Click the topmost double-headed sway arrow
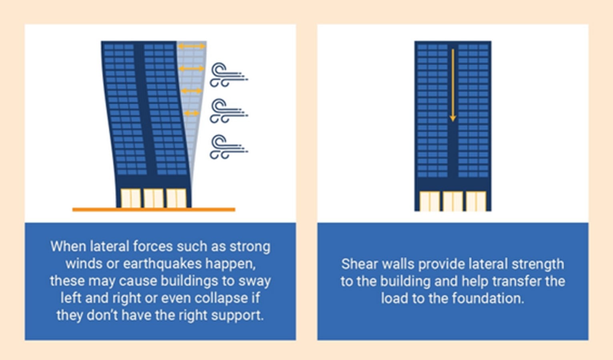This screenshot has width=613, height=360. click(192, 46)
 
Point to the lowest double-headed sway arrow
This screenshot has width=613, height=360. click(192, 113)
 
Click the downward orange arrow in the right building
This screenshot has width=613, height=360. click(453, 85)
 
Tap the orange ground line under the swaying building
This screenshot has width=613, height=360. click(154, 210)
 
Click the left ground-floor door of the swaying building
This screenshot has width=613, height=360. click(130, 198)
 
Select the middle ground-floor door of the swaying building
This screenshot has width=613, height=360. click(154, 198)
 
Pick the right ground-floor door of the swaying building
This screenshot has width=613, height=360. click(176, 198)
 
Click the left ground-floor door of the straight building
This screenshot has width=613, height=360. click(430, 201)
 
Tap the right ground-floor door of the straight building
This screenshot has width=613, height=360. click(476, 201)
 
